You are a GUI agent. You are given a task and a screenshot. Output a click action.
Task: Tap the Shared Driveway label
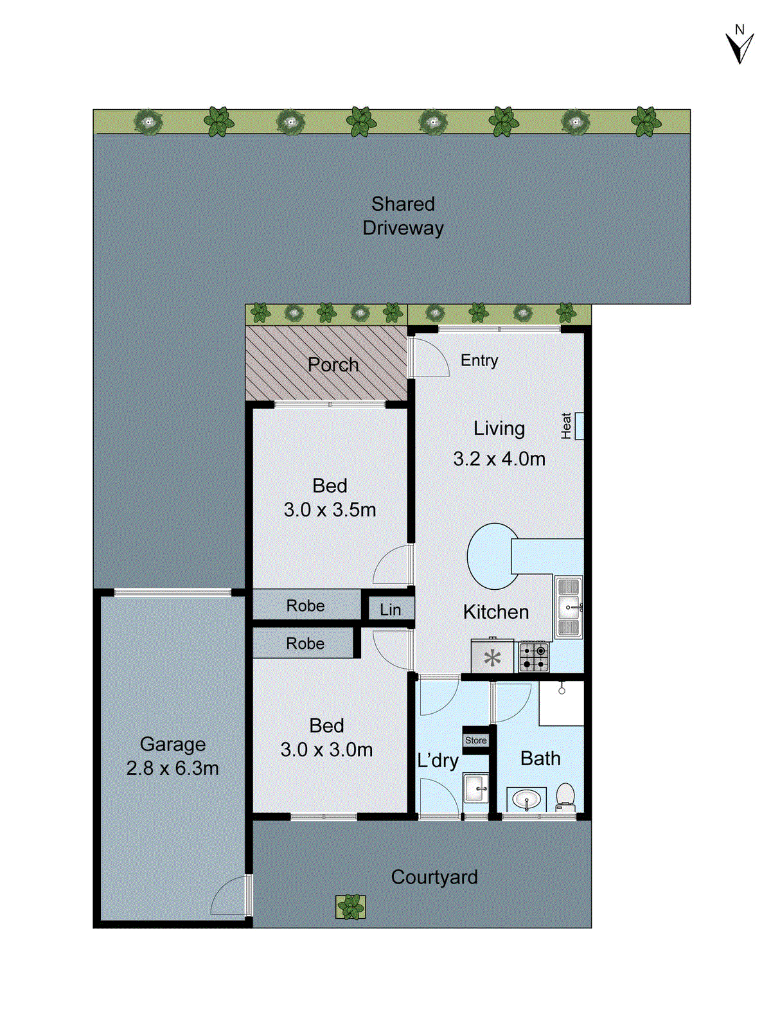tap(403, 216)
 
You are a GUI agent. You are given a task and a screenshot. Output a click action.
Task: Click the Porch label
tap(333, 365)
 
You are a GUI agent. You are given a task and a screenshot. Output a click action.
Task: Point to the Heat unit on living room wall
tap(578, 426)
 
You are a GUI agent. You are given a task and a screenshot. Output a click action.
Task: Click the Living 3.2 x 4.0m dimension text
tap(499, 459)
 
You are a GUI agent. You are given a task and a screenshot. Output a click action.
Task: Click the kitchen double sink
tap(569, 607)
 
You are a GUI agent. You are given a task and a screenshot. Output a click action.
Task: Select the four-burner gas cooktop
tap(534, 657)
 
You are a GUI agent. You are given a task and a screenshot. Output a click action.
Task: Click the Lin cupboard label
tap(390, 610)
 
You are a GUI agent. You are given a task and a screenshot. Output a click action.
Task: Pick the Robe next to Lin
tap(306, 606)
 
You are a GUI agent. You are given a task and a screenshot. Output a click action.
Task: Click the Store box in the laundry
tap(476, 740)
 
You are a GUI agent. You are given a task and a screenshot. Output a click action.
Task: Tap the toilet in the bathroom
tap(565, 797)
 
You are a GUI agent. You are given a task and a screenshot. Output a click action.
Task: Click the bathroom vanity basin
tap(527, 800)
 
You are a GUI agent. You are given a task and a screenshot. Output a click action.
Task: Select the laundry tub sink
tap(476, 787)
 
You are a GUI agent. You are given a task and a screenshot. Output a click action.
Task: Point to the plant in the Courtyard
tap(351, 907)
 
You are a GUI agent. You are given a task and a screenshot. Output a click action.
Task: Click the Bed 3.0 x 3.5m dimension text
tap(330, 510)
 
